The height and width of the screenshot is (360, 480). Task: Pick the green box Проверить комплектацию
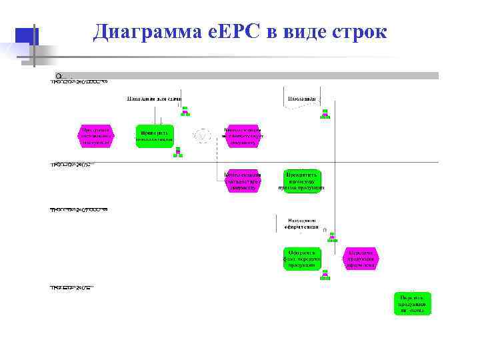[x=154, y=135]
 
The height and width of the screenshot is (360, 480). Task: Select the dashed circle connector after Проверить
[x=200, y=135]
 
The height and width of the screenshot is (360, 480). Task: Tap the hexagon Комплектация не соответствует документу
[x=241, y=135]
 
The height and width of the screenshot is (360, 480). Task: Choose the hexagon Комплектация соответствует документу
[x=241, y=181]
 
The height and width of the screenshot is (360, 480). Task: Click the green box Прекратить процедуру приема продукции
[x=302, y=181]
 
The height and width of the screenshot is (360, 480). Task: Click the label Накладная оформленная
[x=302, y=223]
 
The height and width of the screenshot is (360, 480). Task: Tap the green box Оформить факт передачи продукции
[x=302, y=258]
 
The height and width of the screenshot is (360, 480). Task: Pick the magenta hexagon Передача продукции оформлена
[x=361, y=258]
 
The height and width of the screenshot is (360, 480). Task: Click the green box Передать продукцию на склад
[x=411, y=303]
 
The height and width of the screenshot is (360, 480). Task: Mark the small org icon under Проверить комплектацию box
[x=177, y=153]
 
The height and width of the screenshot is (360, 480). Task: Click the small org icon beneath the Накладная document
[x=325, y=114]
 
